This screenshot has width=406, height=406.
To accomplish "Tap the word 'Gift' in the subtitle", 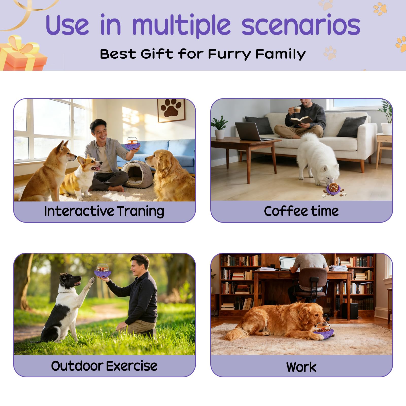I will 157,54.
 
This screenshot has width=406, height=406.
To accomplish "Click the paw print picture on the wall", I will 171,110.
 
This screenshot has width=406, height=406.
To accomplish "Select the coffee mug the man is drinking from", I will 297,109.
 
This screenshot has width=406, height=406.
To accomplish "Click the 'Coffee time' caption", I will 301,211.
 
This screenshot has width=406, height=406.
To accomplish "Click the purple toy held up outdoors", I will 103,271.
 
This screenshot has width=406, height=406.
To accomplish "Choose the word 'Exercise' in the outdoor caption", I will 131,366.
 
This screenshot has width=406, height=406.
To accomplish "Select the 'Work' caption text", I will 301,367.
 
